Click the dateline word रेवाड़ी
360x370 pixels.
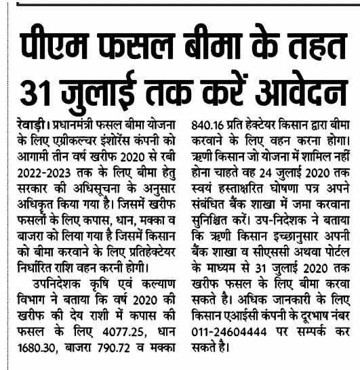pos(31,125)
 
